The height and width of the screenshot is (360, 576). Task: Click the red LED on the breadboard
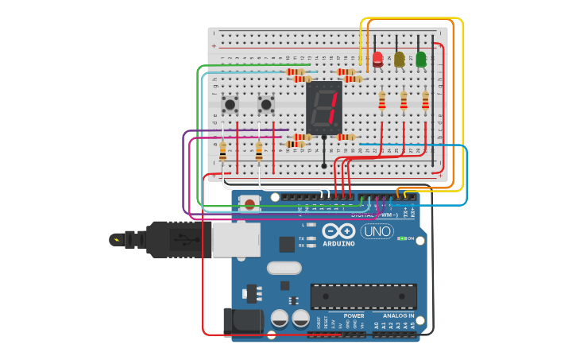pyautogui.click(x=377, y=59)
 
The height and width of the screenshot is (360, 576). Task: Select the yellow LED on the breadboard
pyautogui.click(x=399, y=59)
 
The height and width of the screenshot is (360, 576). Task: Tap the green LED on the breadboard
pyautogui.click(x=421, y=59)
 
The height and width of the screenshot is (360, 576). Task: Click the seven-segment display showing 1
pyautogui.click(x=324, y=107)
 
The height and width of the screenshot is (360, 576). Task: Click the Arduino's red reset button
pyautogui.click(x=250, y=204)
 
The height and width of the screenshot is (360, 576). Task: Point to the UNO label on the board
pyautogui.click(x=377, y=231)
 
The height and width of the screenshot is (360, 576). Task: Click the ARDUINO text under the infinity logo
pyautogui.click(x=338, y=244)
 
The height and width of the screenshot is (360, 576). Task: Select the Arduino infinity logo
pyautogui.click(x=338, y=230)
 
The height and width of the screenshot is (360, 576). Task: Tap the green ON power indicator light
pyautogui.click(x=403, y=238)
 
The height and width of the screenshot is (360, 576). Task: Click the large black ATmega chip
pyautogui.click(x=363, y=296)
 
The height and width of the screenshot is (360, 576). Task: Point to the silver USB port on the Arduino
pyautogui.click(x=236, y=238)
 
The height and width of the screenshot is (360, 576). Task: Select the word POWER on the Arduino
pyautogui.click(x=354, y=315)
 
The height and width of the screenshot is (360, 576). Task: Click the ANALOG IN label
pyautogui.click(x=398, y=315)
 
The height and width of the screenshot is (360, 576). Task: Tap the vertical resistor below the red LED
pyautogui.click(x=382, y=100)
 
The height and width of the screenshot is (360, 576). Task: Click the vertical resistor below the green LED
pyautogui.click(x=425, y=100)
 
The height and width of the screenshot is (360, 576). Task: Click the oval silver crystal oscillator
pyautogui.click(x=284, y=268)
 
